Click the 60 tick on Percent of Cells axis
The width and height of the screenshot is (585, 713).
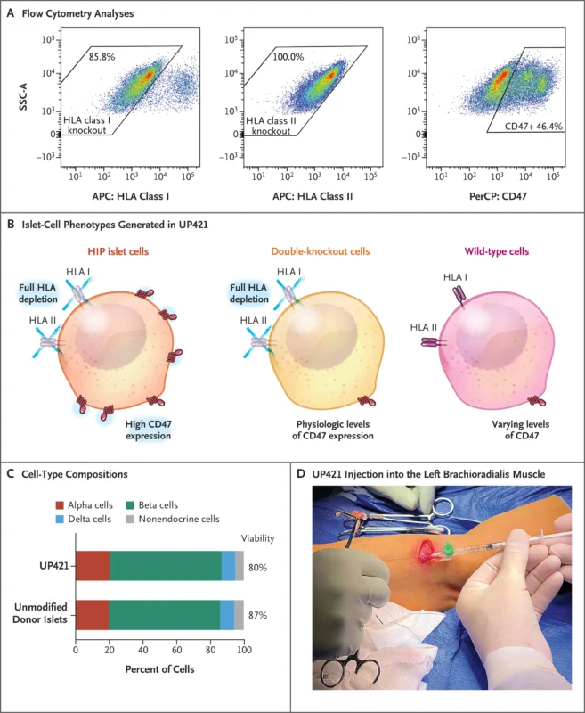176,652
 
